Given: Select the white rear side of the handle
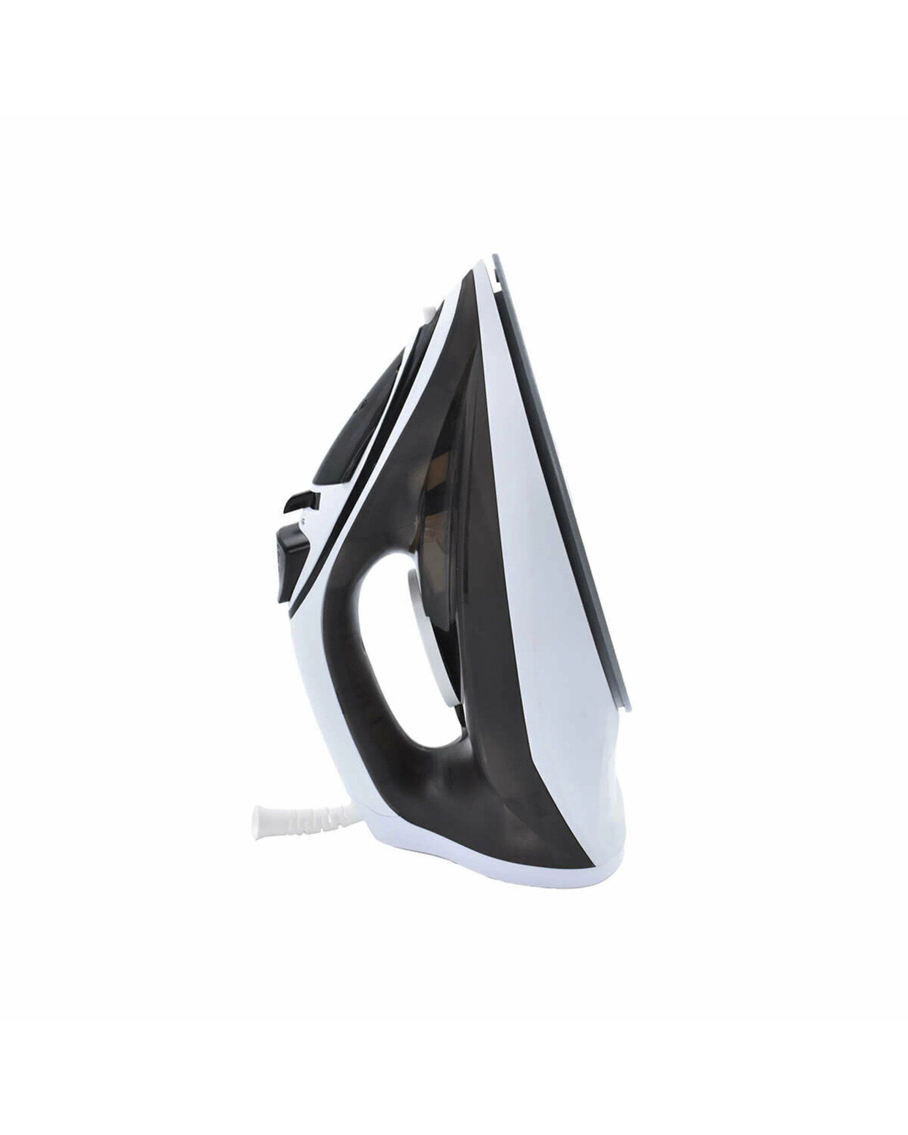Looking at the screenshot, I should click(311, 684).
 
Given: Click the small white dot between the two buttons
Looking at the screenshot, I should click(304, 522).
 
